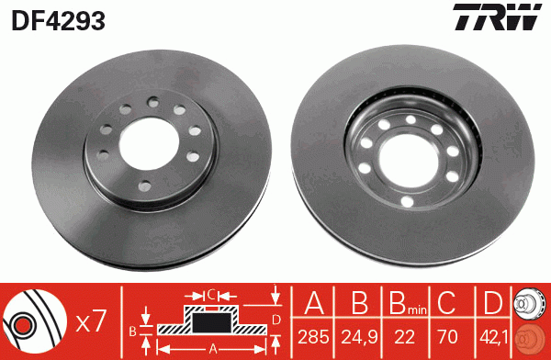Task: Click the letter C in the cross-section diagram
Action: pyautogui.click(x=211, y=295)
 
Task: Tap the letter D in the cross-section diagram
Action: pyautogui.click(x=275, y=320)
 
